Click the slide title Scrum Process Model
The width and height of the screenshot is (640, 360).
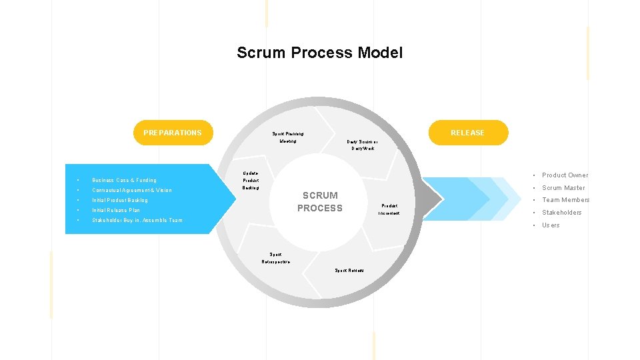pos(319,53)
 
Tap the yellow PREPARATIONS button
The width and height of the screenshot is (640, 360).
pos(172,133)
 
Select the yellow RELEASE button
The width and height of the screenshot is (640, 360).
pos(467,133)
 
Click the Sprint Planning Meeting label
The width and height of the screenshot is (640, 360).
pos(288,137)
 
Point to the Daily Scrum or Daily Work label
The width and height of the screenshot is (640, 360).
pos(363,145)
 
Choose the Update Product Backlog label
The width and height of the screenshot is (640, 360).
pos(251,181)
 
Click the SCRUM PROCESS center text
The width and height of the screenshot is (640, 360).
pos(320,201)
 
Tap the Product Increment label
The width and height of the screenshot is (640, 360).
pos(389,209)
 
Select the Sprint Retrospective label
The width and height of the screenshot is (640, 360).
pos(275,258)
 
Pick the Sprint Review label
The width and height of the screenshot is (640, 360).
pos(349,270)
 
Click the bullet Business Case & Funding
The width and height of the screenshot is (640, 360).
pos(125,180)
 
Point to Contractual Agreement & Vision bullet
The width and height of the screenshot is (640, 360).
pos(132,190)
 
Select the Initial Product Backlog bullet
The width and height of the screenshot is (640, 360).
pos(120,200)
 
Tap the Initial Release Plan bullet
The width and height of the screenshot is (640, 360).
pos(116,210)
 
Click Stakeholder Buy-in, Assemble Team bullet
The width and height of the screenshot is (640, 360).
pos(137,220)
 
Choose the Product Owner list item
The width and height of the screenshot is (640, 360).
pos(565,175)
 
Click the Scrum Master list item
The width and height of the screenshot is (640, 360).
pos(563,188)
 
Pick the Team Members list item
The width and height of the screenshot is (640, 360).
pos(565,200)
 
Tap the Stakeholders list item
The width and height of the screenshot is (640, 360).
pos(561,213)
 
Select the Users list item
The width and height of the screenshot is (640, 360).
pos(551,225)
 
